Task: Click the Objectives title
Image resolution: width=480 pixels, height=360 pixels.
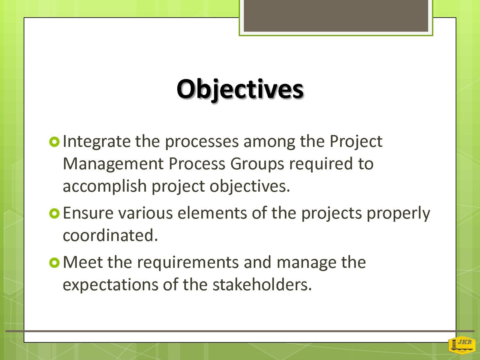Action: click(x=240, y=90)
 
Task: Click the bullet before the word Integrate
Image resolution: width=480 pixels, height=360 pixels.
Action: click(x=55, y=142)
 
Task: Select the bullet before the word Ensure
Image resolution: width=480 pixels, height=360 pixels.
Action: click(x=55, y=214)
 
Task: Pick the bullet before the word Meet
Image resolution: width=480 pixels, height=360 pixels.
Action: click(x=55, y=263)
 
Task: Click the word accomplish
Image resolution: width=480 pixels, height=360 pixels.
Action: click(x=105, y=187)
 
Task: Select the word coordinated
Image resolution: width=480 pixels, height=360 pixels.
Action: click(x=110, y=235)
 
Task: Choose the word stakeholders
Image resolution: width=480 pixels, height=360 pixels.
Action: click(x=262, y=285)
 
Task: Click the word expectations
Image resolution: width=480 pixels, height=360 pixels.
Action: click(x=110, y=286)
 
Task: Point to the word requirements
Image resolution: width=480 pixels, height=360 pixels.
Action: click(x=188, y=263)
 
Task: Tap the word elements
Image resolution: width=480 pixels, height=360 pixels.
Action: click(x=212, y=213)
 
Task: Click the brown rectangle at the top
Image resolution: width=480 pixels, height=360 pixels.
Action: click(x=336, y=16)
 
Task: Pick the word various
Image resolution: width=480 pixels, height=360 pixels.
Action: click(x=145, y=213)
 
